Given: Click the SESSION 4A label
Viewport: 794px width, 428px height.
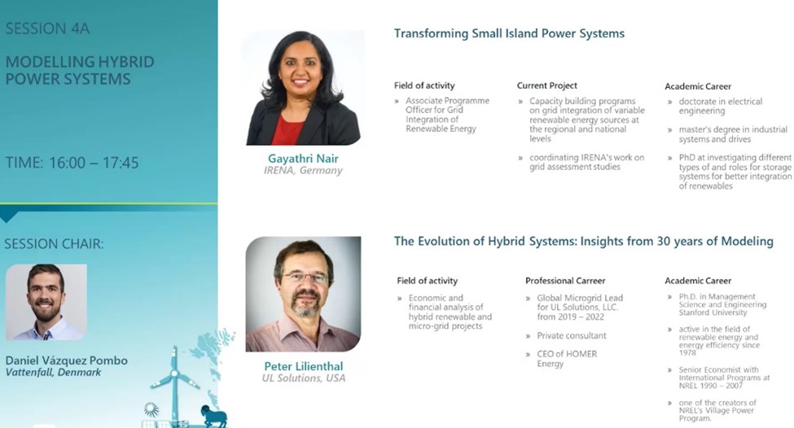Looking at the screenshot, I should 47,29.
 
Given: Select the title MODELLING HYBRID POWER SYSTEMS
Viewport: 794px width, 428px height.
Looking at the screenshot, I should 79,71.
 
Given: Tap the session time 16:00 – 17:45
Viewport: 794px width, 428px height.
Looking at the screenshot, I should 72,163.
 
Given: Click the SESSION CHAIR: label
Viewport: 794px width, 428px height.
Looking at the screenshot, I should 54,244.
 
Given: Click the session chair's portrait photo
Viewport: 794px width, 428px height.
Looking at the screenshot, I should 46,301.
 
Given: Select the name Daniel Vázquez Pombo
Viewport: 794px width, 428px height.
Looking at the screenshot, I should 67,360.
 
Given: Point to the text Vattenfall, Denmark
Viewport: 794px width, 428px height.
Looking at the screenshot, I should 54,373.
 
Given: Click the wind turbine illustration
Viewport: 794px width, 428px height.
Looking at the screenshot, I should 173,382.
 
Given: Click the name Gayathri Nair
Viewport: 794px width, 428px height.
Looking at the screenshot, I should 303,158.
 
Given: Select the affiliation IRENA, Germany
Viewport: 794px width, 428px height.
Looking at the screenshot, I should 303,171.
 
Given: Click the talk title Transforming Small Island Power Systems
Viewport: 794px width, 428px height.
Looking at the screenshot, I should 509,33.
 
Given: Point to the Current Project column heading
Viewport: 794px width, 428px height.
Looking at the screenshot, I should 546,85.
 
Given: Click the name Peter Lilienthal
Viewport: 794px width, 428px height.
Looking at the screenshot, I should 303,366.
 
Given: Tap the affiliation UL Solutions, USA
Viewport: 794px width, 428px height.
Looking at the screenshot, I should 303,378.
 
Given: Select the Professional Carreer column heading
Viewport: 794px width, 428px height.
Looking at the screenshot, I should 565,281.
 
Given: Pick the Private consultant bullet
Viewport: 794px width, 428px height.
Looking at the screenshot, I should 571,335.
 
